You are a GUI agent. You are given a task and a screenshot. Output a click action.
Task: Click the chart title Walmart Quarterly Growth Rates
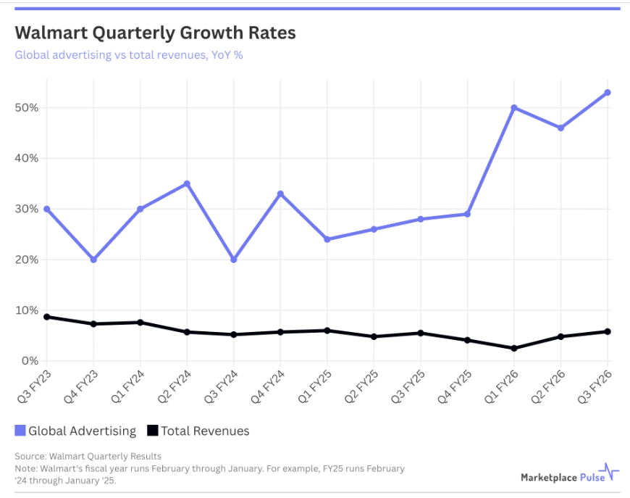coord(155,33)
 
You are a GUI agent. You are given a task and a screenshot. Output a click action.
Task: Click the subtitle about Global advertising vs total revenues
coord(128,55)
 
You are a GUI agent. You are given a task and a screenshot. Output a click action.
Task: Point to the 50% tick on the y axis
coord(28,108)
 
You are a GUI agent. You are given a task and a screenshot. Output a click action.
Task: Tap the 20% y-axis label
coord(28,260)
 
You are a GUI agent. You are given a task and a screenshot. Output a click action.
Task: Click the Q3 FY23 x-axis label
coord(33,389)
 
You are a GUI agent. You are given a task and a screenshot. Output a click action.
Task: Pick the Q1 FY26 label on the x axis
coord(500,389)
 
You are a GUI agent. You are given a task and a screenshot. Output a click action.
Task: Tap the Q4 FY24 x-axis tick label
coord(266,389)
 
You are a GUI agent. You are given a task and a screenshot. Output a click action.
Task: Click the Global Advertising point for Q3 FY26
coord(608,93)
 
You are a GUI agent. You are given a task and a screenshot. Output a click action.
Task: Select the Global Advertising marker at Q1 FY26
coord(514,108)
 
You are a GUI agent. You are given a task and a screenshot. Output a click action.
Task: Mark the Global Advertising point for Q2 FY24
coord(187,183)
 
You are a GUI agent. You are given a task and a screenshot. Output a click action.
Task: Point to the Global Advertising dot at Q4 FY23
coord(93,260)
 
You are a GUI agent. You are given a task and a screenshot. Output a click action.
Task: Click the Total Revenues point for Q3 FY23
coord(47,317)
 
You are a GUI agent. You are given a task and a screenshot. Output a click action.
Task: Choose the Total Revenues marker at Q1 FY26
coord(514,348)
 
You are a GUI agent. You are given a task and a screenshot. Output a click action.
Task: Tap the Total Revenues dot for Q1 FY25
coord(327,331)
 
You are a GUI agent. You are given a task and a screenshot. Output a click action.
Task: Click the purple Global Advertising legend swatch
coord(20,431)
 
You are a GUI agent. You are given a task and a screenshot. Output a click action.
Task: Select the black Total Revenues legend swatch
coord(152,431)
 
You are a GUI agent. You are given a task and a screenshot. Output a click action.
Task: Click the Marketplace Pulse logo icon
coord(611,473)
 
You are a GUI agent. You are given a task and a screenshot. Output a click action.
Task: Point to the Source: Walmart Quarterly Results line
coord(88,456)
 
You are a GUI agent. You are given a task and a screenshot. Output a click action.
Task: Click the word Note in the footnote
coord(25,469)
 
